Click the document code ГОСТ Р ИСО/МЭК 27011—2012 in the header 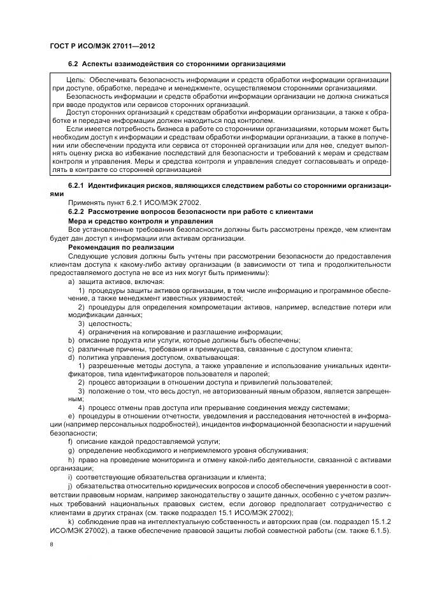tap(103, 46)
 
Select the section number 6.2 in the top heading tap(73, 64)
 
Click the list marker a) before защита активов tap(71, 281)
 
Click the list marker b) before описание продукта tap(71, 340)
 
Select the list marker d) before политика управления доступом tap(71, 357)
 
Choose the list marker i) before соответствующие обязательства tap(70, 477)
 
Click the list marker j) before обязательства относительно tap(70, 486)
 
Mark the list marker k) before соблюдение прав tap(71, 521)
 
